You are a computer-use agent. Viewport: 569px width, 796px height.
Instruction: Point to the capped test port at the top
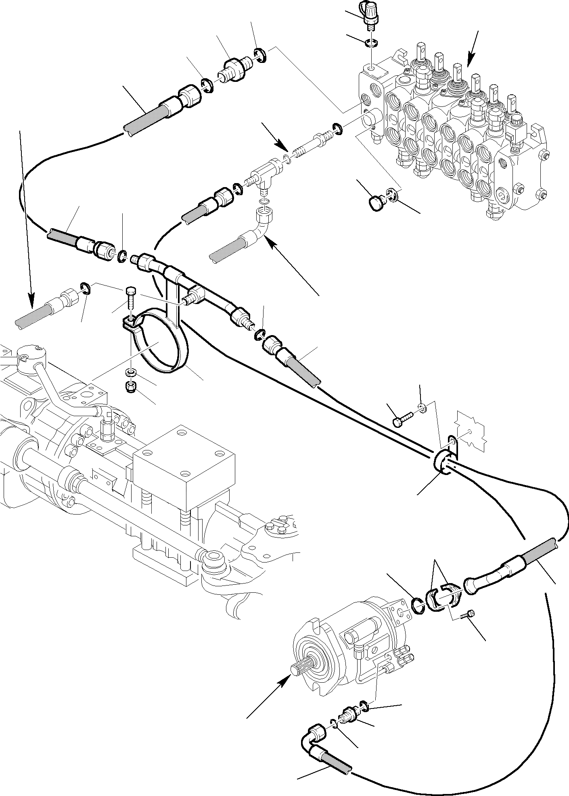[369, 14]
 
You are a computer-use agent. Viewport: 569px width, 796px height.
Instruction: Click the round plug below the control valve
[376, 202]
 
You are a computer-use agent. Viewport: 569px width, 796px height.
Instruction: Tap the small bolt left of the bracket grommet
[402, 421]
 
